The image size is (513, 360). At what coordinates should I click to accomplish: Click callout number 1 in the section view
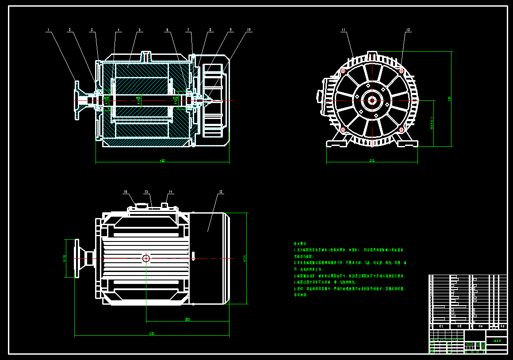point(49,30)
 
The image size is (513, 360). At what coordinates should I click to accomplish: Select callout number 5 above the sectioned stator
point(139,30)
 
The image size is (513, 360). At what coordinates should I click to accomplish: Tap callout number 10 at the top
point(249,30)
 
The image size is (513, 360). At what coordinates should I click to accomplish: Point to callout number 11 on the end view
point(343,30)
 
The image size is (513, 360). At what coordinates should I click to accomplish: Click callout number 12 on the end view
point(408,30)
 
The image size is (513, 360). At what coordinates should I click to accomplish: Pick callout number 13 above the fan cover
point(220,192)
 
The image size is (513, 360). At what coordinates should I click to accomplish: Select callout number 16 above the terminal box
point(125,192)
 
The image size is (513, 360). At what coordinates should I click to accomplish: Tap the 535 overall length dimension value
point(152,333)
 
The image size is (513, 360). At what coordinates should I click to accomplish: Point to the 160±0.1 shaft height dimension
point(432,123)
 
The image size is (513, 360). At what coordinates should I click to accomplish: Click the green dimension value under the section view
point(162,161)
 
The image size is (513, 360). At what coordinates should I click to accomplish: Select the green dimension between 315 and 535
point(188,319)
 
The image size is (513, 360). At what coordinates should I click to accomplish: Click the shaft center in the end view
point(372,100)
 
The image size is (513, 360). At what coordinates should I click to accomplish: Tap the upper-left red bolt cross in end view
point(343,70)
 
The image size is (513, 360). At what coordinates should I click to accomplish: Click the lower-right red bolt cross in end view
point(402,129)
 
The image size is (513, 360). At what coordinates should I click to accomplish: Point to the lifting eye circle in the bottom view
point(146,258)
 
